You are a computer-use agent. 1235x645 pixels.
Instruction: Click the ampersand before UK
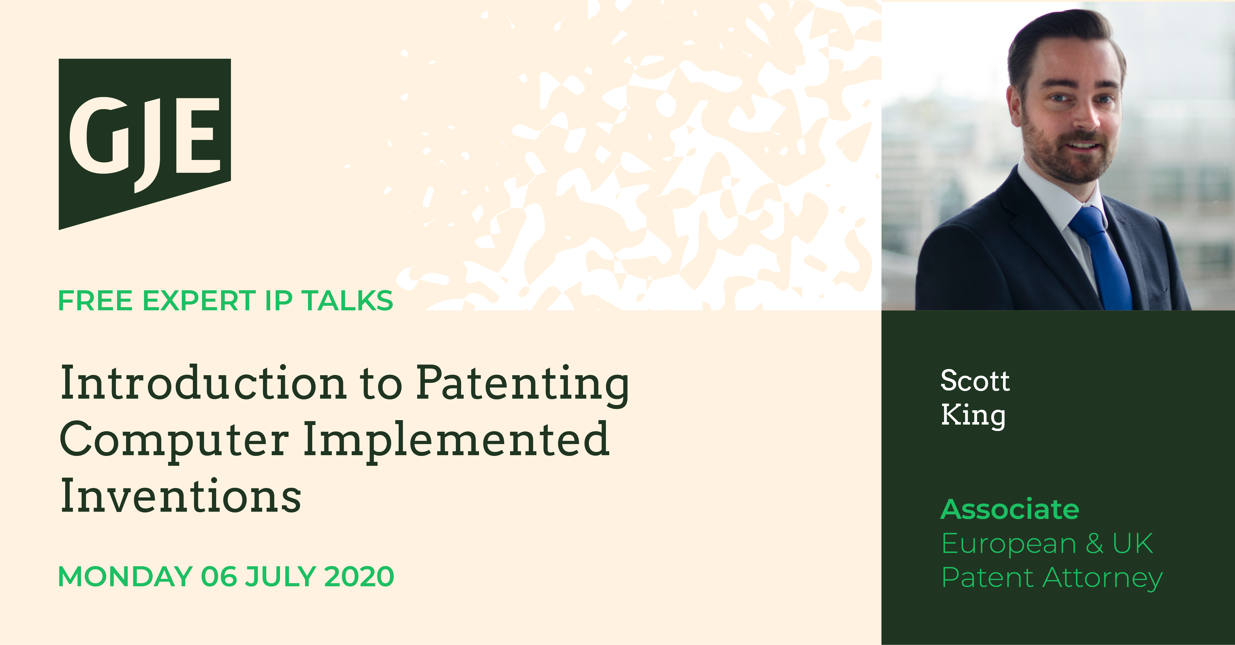(x=1094, y=543)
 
